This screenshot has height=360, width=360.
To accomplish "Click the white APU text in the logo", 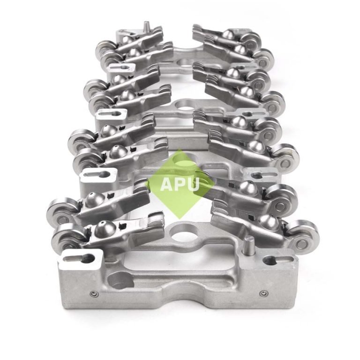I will coord(180,184).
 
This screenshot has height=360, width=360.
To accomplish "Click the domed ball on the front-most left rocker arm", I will coord(102,228).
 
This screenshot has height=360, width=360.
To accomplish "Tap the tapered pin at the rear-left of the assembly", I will coord(145,25).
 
